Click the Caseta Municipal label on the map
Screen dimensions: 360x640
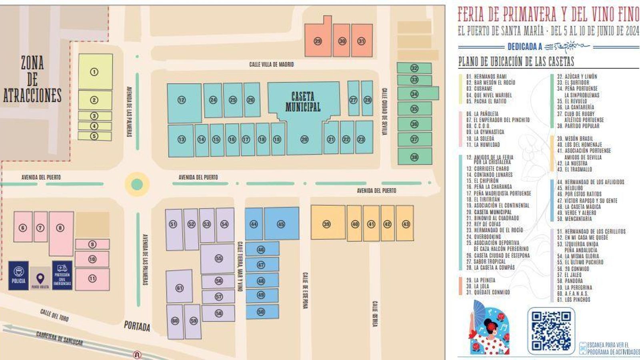(303, 102)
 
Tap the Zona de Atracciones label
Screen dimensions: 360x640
(32, 79)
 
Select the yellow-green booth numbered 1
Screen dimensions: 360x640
(94, 72)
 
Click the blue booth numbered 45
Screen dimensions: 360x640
(281, 224)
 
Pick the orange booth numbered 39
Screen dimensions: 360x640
(327, 224)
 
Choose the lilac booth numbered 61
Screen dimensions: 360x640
(179, 288)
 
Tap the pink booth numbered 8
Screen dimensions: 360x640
(60, 228)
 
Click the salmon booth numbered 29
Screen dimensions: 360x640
(318, 41)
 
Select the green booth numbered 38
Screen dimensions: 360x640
(414, 157)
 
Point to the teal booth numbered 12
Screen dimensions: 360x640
(182, 100)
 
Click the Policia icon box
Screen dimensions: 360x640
(18, 275)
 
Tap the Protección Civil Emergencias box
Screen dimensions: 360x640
(62, 275)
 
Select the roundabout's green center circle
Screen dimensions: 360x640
(137, 184)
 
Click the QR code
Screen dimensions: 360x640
(551, 330)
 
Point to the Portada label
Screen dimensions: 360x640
(137, 326)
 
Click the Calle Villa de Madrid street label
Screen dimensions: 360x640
(271, 64)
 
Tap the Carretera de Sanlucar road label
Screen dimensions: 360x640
(59, 338)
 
